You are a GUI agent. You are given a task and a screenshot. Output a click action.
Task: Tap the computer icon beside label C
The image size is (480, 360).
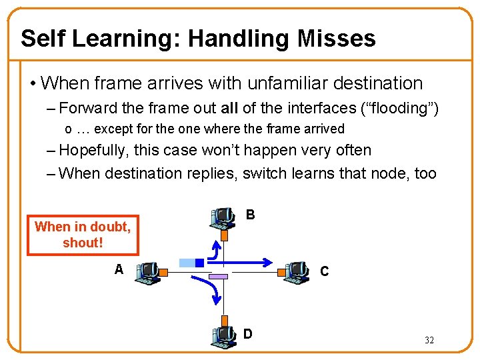click(294, 272)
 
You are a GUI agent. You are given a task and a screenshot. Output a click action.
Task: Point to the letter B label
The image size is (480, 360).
click(250, 215)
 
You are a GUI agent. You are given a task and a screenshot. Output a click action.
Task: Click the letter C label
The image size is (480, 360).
click(324, 271)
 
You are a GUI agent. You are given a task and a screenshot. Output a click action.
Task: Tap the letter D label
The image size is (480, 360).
click(247, 333)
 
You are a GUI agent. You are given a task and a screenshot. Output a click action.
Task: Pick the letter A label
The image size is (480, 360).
click(119, 269)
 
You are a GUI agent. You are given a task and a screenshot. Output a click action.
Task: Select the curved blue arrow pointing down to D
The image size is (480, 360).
click(211, 293)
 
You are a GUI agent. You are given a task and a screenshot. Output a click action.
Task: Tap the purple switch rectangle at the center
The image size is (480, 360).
click(219, 276)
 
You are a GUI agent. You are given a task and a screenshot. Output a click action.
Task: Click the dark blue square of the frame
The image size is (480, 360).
click(199, 263)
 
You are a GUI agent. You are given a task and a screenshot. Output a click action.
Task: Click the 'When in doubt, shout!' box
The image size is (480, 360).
click(83, 235)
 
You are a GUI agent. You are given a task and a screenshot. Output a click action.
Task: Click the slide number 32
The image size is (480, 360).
click(429, 340)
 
